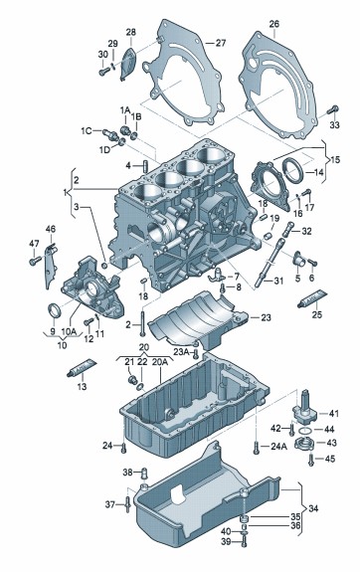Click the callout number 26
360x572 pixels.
point(273,24)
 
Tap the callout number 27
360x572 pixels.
point(221,43)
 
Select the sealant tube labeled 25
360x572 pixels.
point(312,298)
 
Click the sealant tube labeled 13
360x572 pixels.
point(82,368)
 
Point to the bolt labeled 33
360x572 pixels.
point(333,109)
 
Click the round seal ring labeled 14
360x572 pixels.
point(293,170)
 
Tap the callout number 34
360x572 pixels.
point(313,507)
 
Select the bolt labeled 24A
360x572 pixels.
point(256,448)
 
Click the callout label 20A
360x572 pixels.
point(160,362)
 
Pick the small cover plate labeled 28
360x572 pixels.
point(127,64)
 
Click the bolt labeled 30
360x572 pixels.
point(104,71)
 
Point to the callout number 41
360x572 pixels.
point(334,413)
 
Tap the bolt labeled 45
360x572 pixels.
point(310,459)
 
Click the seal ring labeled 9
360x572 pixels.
point(55,311)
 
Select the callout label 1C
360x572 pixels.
point(87,130)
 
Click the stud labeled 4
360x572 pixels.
point(145,166)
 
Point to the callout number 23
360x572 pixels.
point(266,317)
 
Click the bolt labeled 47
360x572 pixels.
point(35,261)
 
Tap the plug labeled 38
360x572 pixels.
point(144,474)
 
